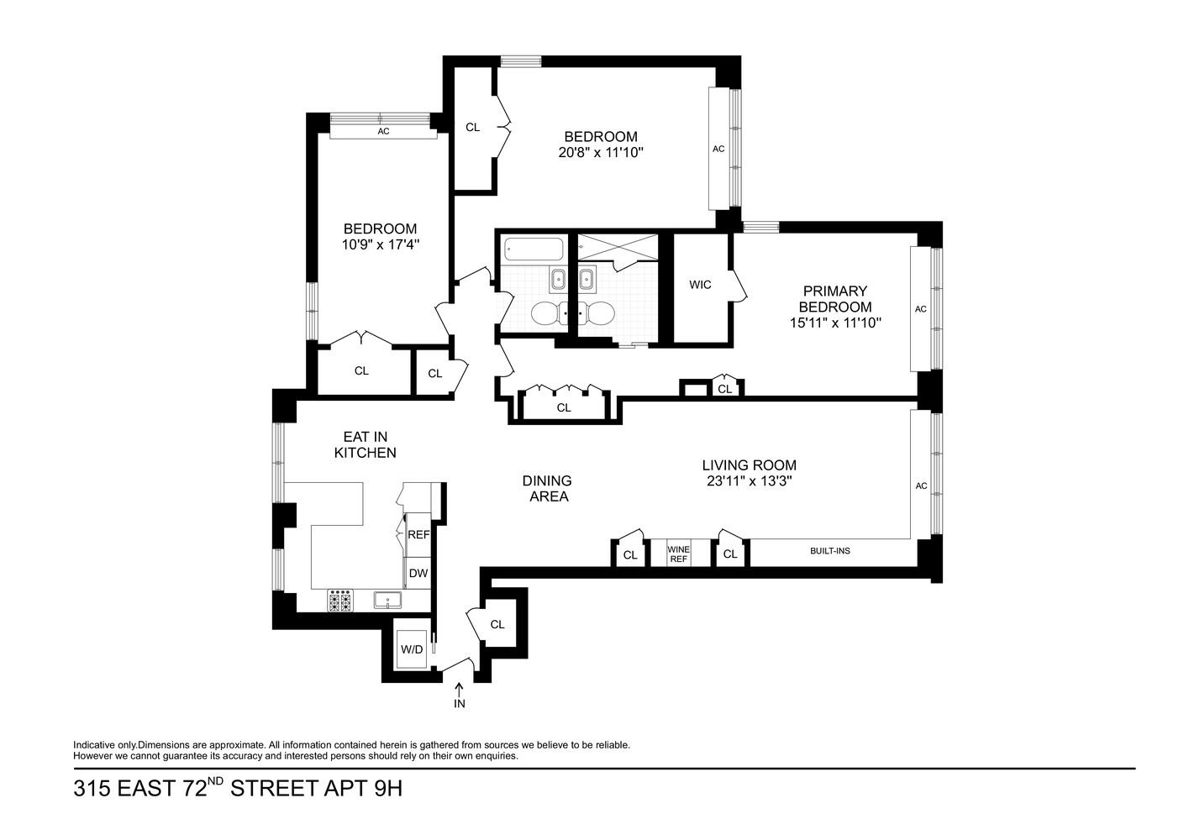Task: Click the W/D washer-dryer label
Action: click(x=412, y=649)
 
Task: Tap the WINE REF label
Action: click(x=678, y=554)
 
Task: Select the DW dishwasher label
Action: click(x=418, y=574)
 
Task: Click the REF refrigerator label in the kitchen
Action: click(x=418, y=534)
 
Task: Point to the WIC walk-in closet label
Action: click(x=700, y=285)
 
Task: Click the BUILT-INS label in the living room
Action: click(x=829, y=551)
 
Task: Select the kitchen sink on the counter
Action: click(x=387, y=600)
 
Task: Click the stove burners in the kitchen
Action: click(x=340, y=601)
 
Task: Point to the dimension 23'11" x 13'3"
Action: click(x=749, y=481)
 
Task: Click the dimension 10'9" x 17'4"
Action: click(x=380, y=244)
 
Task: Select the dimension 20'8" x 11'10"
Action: click(x=600, y=153)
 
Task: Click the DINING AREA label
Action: click(x=548, y=488)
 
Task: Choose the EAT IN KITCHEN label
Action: click(x=365, y=444)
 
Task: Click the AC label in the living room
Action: click(x=921, y=486)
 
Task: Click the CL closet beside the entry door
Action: click(x=497, y=624)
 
